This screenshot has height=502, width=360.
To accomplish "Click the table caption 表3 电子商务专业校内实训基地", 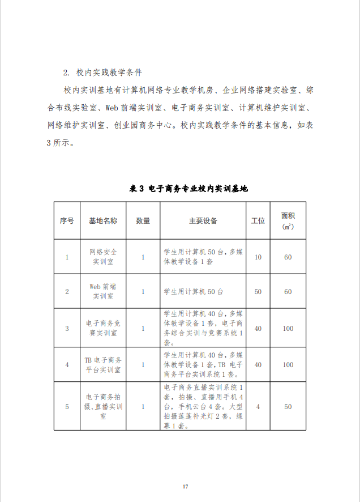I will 189,189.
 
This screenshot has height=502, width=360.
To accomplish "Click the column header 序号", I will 67,221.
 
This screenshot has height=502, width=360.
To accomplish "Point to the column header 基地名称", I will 103,221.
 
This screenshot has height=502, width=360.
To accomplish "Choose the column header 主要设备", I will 203,221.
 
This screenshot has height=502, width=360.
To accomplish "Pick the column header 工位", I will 258,221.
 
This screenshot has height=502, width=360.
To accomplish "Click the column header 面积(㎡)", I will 288,221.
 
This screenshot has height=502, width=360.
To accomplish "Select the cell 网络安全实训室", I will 103,257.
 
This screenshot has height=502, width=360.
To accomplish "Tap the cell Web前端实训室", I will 103,291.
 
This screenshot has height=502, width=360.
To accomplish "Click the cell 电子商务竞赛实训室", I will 103,328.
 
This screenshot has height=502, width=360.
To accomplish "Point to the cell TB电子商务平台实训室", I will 103,364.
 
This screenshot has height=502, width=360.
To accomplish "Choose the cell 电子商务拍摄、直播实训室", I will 103,406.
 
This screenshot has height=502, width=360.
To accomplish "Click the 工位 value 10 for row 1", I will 258,257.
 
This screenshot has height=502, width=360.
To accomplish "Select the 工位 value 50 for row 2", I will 258,292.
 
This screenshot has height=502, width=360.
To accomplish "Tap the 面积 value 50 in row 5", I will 288,407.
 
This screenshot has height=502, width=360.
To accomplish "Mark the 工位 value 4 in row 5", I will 258,407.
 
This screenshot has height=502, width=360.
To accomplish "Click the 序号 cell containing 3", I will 67,329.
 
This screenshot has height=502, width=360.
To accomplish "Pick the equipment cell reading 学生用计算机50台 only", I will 194,292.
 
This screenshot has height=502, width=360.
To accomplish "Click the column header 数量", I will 143,221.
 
